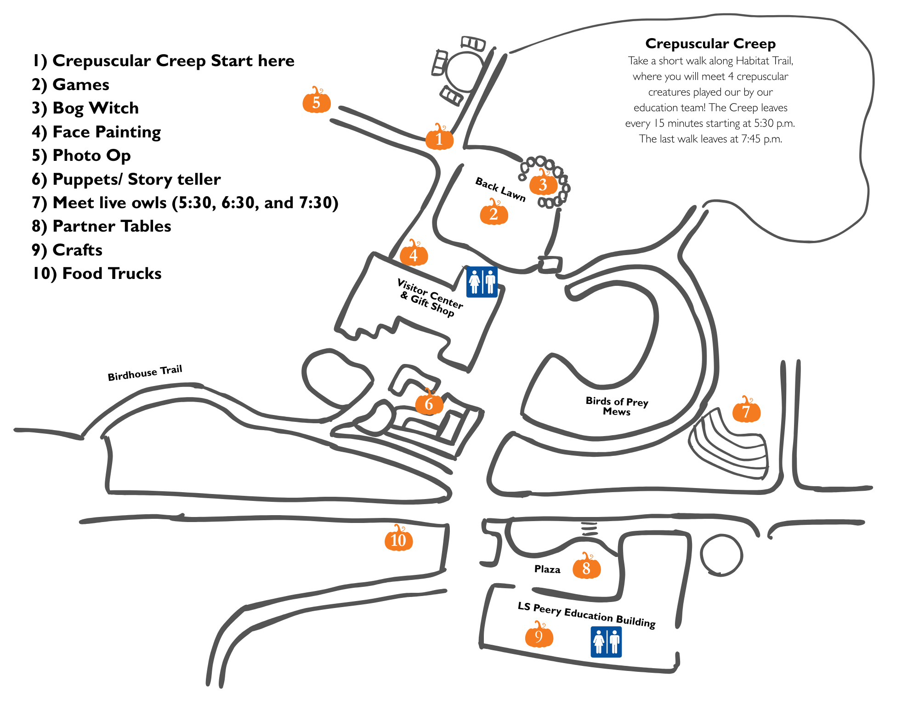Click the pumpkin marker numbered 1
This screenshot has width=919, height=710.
click(439, 138)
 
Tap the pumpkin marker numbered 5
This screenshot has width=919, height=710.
click(317, 102)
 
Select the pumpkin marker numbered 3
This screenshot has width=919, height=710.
click(543, 184)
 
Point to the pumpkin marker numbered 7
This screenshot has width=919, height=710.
click(746, 410)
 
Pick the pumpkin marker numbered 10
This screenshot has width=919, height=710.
click(398, 540)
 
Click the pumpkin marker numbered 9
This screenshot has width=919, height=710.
click(539, 636)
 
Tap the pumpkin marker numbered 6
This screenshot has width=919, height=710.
click(429, 403)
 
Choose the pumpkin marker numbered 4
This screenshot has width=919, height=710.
click(414, 254)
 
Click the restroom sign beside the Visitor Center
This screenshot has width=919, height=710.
click(482, 282)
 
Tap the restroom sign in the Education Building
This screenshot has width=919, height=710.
click(606, 642)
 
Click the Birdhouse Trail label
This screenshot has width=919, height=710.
click(145, 373)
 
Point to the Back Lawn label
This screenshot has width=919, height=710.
click(500, 189)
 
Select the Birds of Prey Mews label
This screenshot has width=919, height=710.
click(617, 406)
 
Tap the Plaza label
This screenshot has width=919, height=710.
click(547, 569)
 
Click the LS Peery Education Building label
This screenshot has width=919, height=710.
click(586, 614)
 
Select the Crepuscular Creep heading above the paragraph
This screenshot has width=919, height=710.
click(710, 44)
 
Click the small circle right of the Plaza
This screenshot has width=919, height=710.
click(721, 555)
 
